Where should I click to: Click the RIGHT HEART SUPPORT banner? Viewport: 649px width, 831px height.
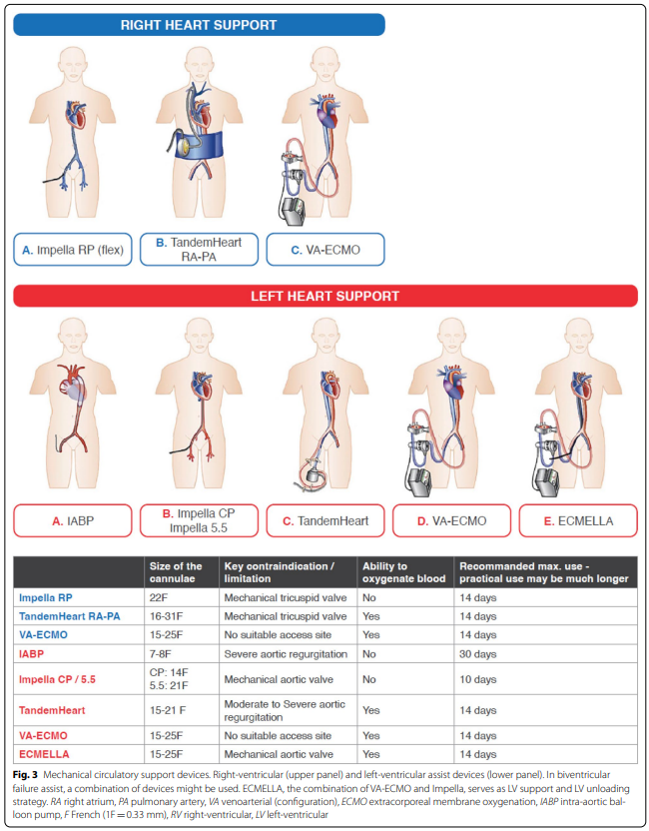[x=199, y=24]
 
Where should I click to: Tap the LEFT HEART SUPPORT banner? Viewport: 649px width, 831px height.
[x=324, y=297]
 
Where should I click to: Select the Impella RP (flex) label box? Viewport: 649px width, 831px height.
[x=73, y=250]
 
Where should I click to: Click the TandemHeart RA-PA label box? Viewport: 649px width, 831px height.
[x=199, y=250]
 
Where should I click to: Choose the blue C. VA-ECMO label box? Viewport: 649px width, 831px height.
[x=324, y=250]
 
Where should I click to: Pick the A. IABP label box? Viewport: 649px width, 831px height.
[x=73, y=520]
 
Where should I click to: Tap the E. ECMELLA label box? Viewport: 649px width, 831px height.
[x=577, y=520]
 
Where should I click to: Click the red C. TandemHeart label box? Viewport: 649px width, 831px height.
[x=325, y=520]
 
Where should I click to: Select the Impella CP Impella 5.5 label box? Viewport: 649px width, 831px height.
[x=199, y=520]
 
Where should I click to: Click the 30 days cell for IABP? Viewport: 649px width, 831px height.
[x=478, y=654]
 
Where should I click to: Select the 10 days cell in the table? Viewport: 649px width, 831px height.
[x=478, y=679]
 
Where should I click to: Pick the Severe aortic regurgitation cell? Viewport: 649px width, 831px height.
[x=286, y=654]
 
